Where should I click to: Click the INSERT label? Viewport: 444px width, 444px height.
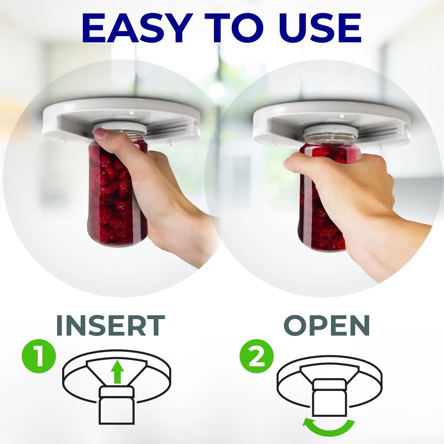tap(110, 325)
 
